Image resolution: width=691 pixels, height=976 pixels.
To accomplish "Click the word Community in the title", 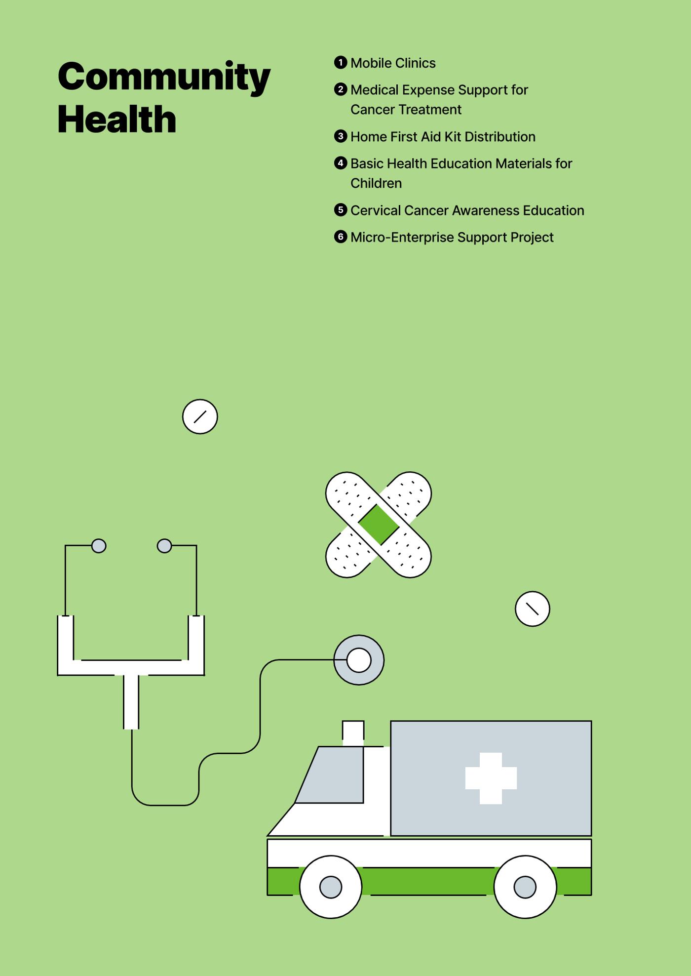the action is (164, 77).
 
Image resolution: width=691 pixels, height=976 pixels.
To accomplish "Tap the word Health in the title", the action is (117, 119).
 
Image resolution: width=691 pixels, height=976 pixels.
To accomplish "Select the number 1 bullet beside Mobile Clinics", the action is (341, 62).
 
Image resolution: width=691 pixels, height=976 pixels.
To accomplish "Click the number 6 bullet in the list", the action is (341, 237).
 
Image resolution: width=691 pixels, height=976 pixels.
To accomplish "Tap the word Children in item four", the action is (376, 183).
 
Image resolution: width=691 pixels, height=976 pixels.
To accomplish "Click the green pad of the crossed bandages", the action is (379, 525).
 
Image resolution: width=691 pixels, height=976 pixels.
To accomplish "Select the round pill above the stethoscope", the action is (200, 416).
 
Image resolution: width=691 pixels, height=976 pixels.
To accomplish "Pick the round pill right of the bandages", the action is (532, 609).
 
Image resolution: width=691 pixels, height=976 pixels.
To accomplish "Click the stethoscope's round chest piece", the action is (359, 660).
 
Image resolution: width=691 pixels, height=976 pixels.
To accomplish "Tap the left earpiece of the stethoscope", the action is (99, 546).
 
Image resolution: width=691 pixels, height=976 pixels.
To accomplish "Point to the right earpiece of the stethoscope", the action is (164, 546).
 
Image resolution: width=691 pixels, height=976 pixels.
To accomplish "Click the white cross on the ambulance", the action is (491, 778).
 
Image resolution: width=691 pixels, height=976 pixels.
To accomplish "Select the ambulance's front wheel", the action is (331, 887).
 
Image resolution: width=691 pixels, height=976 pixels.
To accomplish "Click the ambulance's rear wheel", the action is (525, 887).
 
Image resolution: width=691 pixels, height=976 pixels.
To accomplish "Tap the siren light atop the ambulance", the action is (353, 733).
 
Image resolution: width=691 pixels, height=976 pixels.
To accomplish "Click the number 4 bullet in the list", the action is (341, 163).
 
